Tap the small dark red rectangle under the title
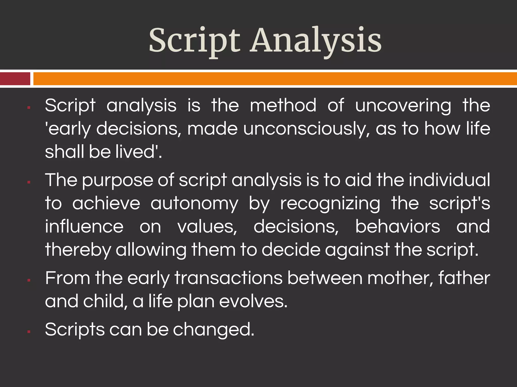(x=15, y=79)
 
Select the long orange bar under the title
(x=275, y=79)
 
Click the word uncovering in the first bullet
(x=403, y=105)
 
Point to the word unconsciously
(x=306, y=129)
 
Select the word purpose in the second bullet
(x=117, y=180)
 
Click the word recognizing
(x=330, y=204)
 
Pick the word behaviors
(x=398, y=226)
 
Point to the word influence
(x=84, y=226)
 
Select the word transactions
(x=228, y=278)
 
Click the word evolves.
(x=253, y=301)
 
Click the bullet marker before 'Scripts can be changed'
(x=29, y=332)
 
